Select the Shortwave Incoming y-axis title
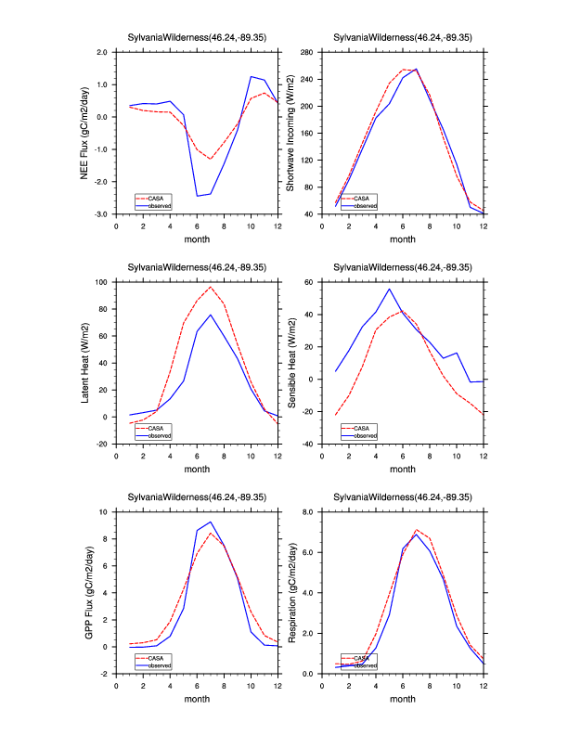(x=290, y=133)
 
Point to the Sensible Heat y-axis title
(x=290, y=362)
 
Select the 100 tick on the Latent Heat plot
(x=103, y=282)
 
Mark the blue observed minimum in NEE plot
(x=197, y=196)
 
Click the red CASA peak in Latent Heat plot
(x=211, y=287)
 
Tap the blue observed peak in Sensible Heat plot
(x=389, y=289)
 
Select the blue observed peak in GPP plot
(x=211, y=522)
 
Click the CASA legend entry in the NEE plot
(x=155, y=198)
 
